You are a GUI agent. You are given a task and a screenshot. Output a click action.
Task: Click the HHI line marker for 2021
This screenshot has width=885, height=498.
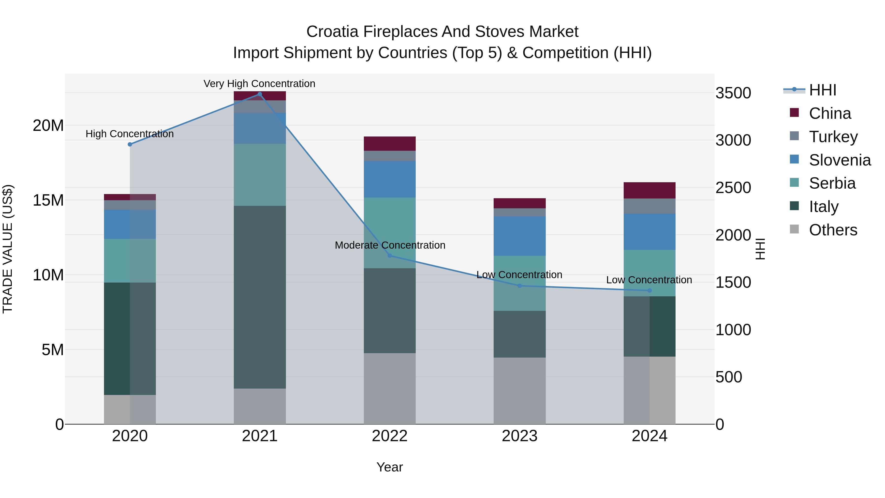260,94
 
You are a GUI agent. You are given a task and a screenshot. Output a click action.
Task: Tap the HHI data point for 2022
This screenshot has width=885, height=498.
390,256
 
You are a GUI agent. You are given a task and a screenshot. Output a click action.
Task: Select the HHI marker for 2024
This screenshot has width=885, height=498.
649,290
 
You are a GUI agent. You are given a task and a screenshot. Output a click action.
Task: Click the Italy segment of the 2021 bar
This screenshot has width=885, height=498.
260,297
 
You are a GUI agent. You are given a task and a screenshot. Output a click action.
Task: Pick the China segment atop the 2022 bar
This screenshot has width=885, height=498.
390,144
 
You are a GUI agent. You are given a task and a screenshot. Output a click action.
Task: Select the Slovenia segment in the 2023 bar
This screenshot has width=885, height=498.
519,236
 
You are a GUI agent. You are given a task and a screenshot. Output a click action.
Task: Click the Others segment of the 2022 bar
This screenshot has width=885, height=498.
390,388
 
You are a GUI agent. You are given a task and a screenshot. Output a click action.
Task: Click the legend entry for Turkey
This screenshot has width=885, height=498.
833,137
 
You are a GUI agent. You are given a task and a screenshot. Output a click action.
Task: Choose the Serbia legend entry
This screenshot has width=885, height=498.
832,183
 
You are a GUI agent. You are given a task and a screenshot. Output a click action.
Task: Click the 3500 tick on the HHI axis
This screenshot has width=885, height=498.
733,93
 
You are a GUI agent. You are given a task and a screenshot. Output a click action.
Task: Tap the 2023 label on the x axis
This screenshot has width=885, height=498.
519,436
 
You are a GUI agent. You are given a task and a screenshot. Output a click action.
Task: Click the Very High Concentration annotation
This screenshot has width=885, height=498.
259,84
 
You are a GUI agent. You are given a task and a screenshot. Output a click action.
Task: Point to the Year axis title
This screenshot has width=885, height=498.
390,467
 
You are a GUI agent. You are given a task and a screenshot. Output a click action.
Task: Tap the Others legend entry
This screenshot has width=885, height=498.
833,230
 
